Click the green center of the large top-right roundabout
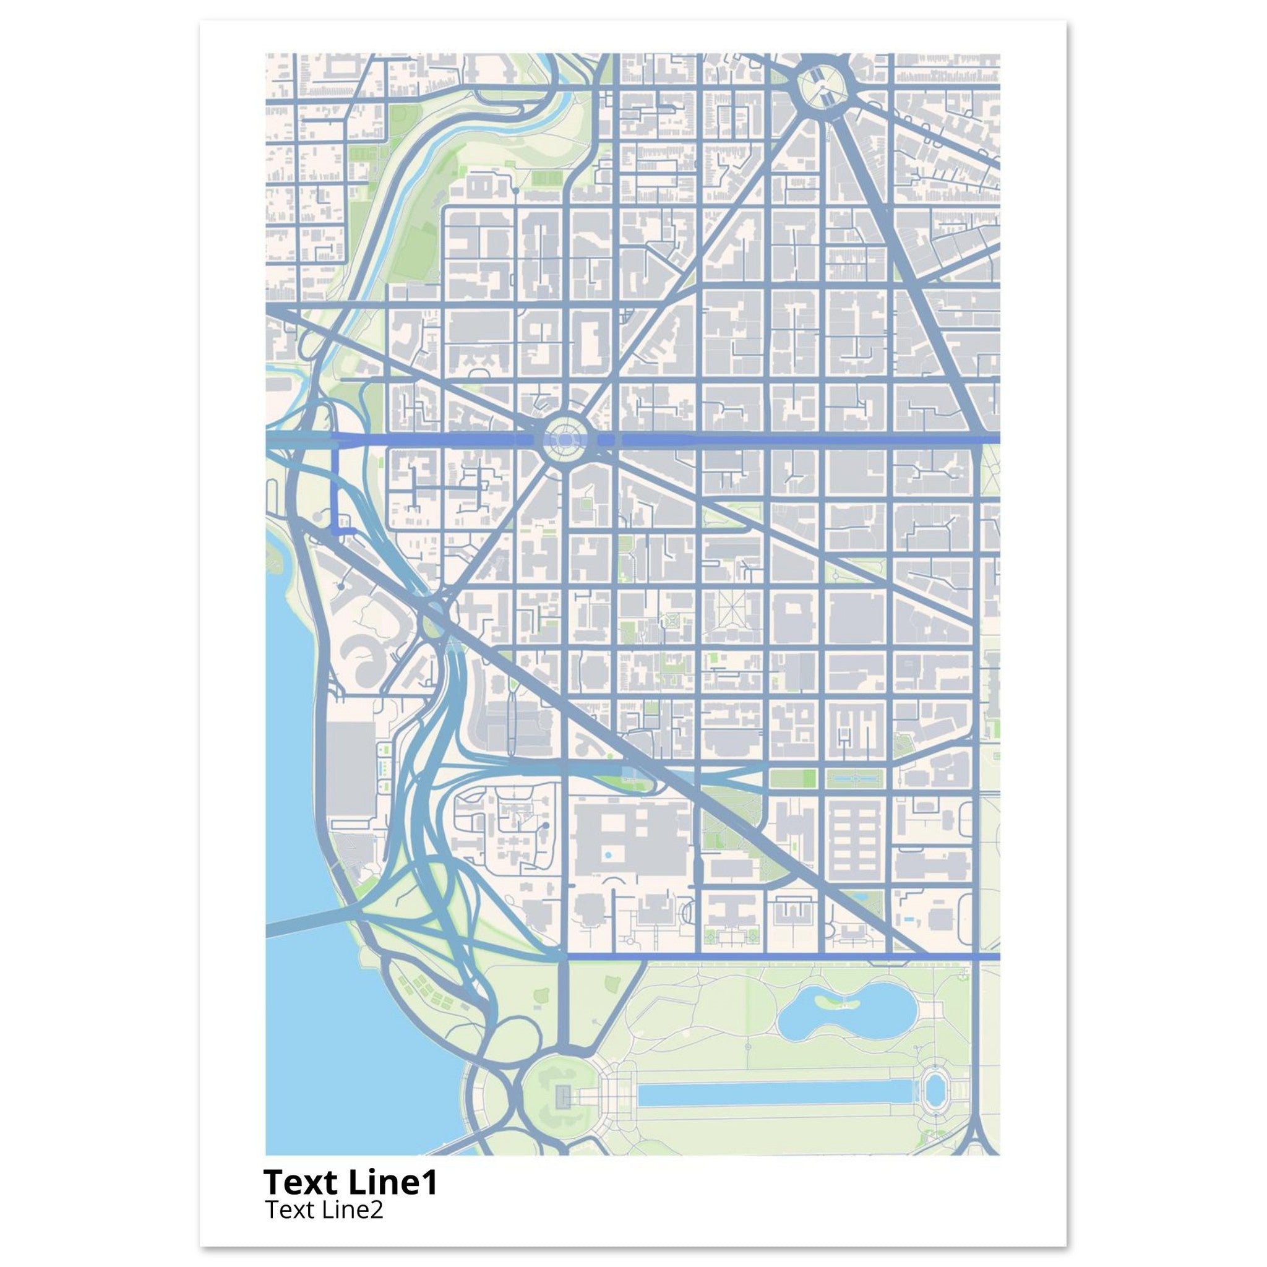(820, 86)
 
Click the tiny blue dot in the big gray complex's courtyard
(609, 855)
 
